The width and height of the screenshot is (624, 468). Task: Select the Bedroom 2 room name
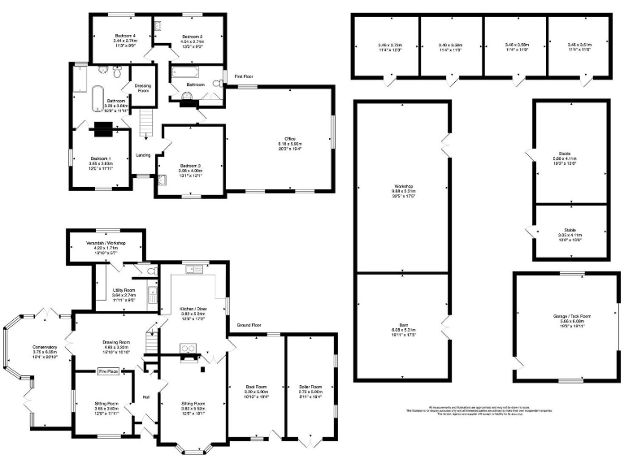pos(191,37)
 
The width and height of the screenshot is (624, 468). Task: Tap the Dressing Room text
pos(143,88)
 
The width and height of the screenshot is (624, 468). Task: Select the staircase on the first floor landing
pos(147,124)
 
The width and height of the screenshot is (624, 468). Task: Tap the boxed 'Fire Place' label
pos(109,370)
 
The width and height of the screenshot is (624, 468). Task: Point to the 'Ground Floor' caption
pos(249,324)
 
